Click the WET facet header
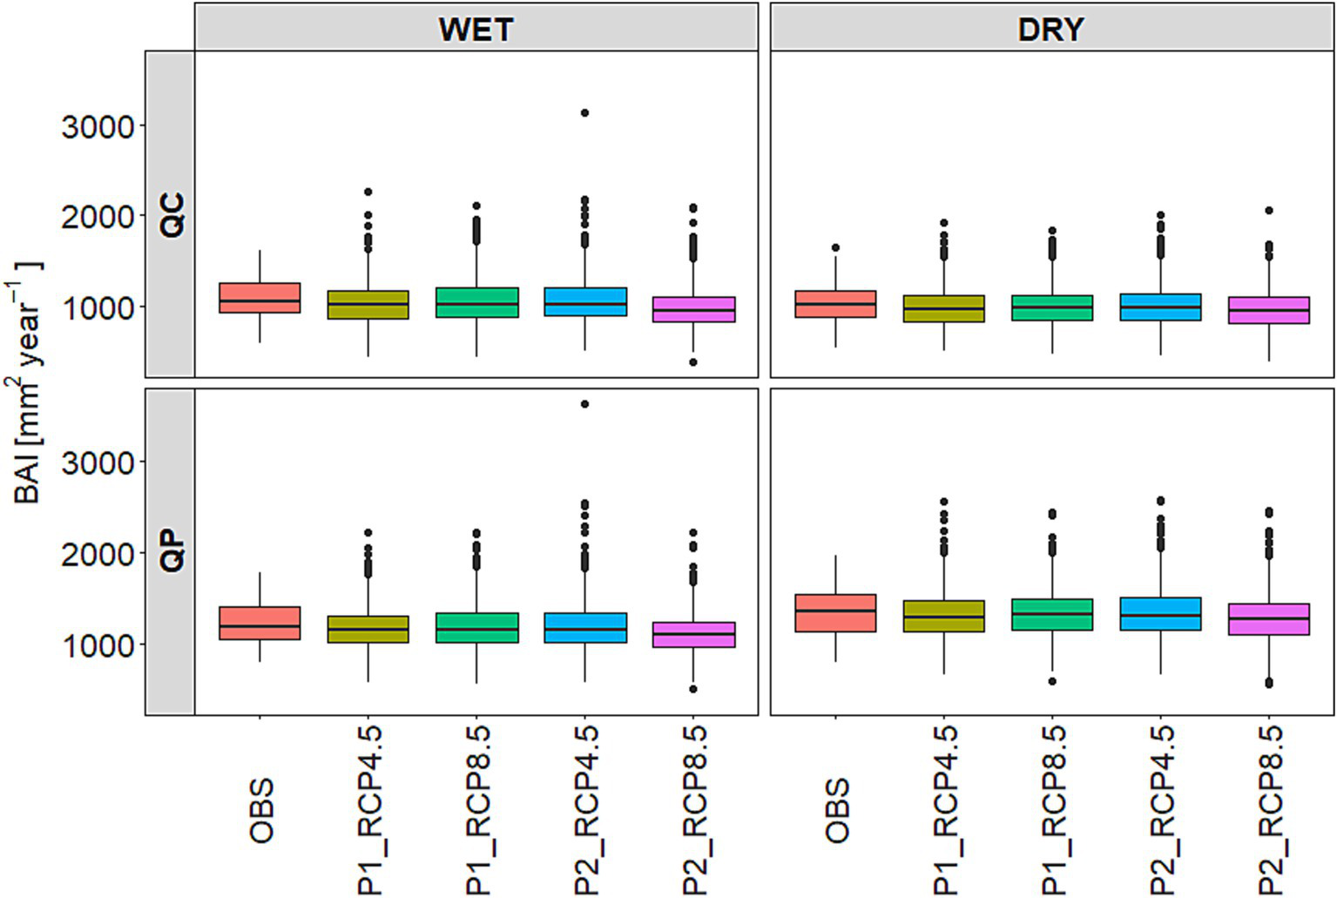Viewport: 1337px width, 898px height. coord(476,30)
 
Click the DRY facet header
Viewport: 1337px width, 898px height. coord(1050,30)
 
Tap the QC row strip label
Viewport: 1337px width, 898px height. coord(172,214)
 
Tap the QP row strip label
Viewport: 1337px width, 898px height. coord(172,550)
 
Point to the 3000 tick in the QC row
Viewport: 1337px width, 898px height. coord(98,127)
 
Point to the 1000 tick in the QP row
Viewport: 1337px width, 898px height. coord(98,645)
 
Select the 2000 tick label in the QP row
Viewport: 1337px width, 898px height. coord(98,554)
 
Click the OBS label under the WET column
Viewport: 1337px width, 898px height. coord(260,811)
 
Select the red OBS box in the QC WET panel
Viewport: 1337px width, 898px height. coord(260,298)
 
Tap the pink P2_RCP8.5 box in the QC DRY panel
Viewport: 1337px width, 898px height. coord(1269,310)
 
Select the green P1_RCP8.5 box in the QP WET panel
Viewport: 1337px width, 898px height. coord(476,628)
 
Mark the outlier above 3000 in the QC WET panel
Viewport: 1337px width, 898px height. coord(584,113)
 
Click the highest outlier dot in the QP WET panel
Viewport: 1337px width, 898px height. coord(584,404)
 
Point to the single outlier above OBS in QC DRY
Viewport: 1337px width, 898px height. coord(835,248)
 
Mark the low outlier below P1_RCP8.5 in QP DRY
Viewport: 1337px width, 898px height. coord(1052,681)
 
